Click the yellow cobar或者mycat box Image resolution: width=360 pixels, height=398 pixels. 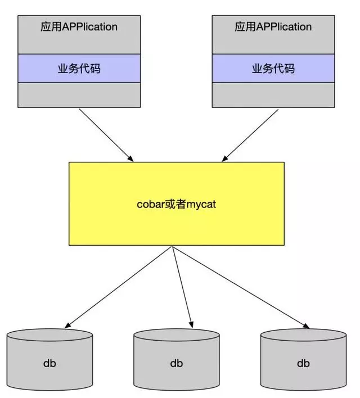tap(176, 225)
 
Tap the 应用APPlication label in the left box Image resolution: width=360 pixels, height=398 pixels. tap(79, 26)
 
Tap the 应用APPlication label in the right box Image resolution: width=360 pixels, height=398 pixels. tap(273, 26)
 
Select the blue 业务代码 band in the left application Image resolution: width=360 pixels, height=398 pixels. tap(79, 69)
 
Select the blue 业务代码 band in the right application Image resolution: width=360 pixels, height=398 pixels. tap(273, 69)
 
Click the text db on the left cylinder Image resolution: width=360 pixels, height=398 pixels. tap(49, 363)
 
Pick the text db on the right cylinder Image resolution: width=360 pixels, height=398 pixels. tap(304, 363)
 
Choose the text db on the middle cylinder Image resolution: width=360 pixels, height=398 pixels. tap(177, 363)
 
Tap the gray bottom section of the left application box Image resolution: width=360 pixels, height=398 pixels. tap(79, 94)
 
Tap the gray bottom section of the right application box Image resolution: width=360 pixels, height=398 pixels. tap(273, 94)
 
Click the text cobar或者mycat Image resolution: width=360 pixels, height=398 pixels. tap(176, 204)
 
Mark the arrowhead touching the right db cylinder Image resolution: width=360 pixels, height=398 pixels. tap(307, 325)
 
